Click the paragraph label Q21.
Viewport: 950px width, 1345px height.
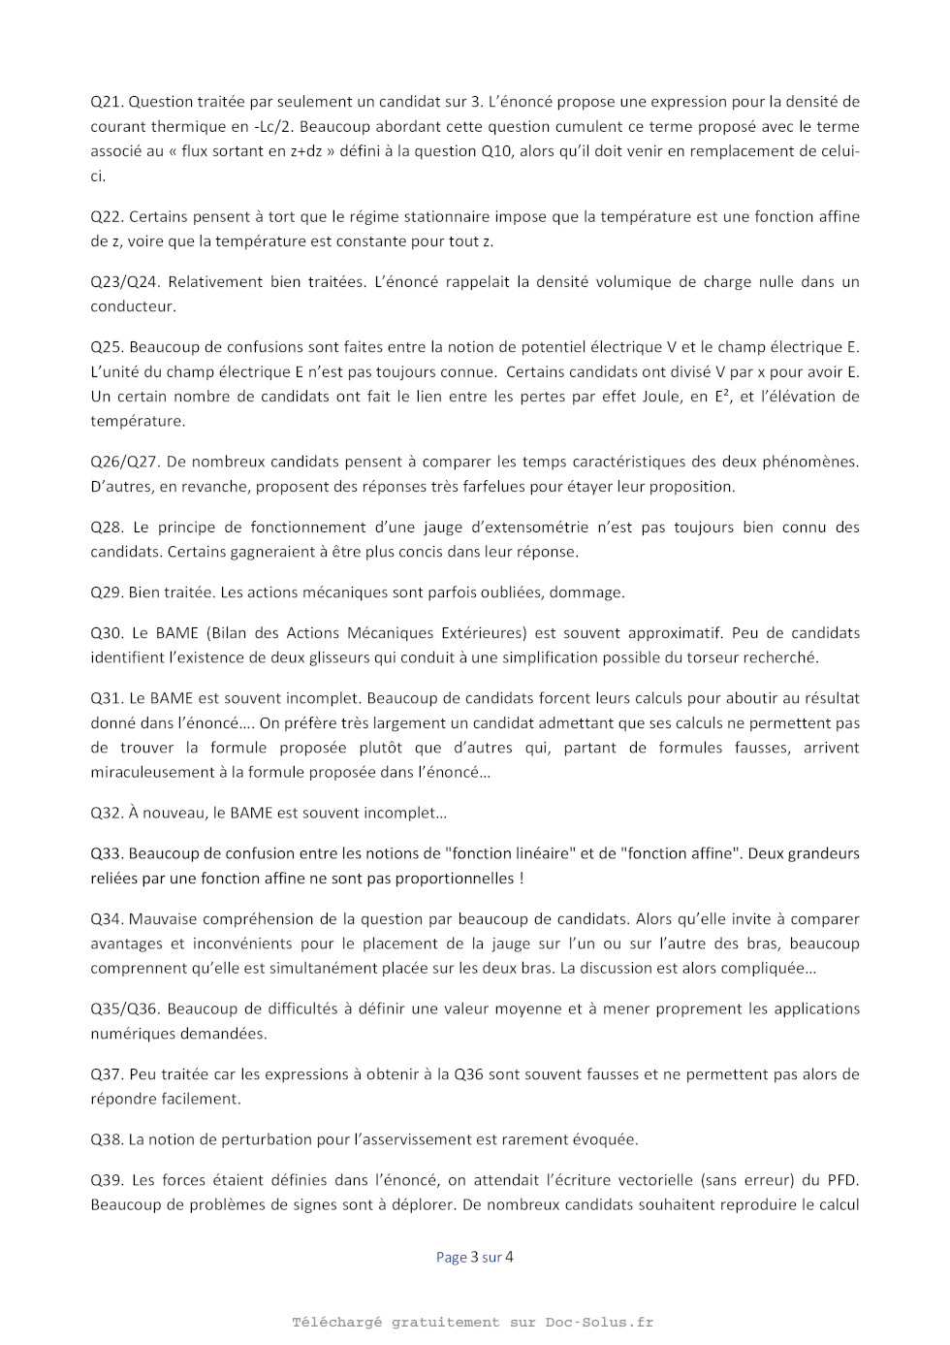[x=107, y=102]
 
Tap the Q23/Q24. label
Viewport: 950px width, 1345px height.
[x=125, y=282]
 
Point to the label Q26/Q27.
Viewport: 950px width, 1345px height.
[x=125, y=463]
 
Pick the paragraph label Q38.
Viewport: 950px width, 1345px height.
[x=107, y=1140]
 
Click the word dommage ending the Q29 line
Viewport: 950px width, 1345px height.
[x=586, y=592]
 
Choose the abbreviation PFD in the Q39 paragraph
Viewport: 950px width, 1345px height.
[x=842, y=1181]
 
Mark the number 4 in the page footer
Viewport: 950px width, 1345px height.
[x=509, y=1258]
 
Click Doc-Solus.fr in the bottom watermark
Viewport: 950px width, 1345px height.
[x=599, y=1323]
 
